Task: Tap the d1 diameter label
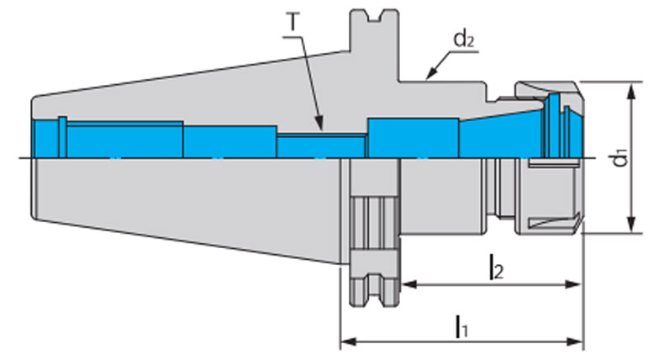point(619,157)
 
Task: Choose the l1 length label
point(461,326)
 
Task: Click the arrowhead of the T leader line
point(321,128)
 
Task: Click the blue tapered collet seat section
point(496,135)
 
